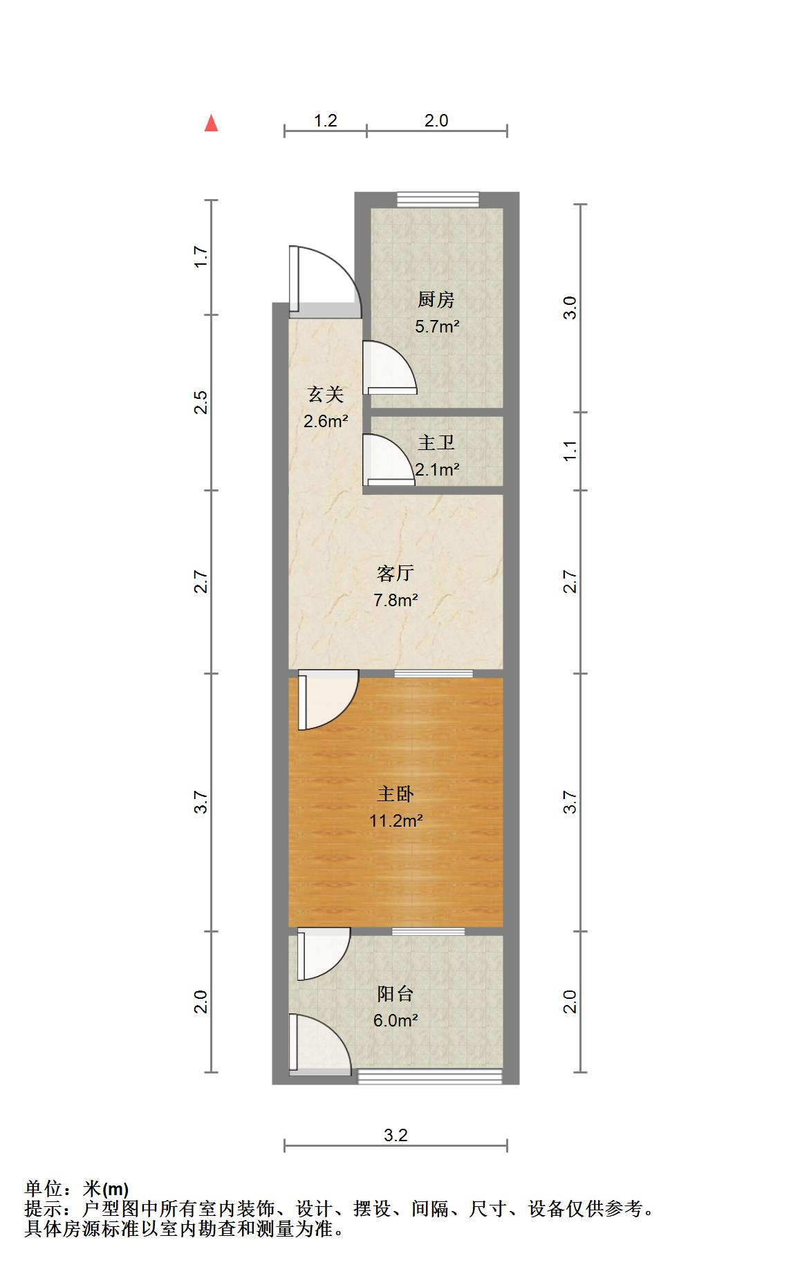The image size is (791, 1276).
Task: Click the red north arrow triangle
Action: pos(212,124)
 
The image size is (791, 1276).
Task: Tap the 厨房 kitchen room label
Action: pos(436,300)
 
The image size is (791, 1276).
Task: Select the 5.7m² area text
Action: pos(437,326)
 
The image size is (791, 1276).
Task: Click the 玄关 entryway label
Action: pos(325,395)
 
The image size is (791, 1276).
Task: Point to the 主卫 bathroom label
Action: pos(436,442)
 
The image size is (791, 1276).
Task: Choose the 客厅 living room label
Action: pos(395,573)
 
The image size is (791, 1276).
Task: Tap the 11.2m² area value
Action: pos(395,821)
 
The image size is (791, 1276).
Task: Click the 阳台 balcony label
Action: pos(395,994)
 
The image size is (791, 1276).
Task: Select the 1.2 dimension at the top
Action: pos(325,121)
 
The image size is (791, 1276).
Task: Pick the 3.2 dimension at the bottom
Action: pos(395,1135)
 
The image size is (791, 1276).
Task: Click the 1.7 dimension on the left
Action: pos(201,257)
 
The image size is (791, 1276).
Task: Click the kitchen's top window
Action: pos(438,200)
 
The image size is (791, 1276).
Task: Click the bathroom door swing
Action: pos(387,460)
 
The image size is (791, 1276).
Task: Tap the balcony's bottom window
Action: pos(429,1076)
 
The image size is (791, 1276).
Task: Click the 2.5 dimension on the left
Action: pos(201,402)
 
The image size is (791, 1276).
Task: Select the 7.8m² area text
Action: pos(395,600)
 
